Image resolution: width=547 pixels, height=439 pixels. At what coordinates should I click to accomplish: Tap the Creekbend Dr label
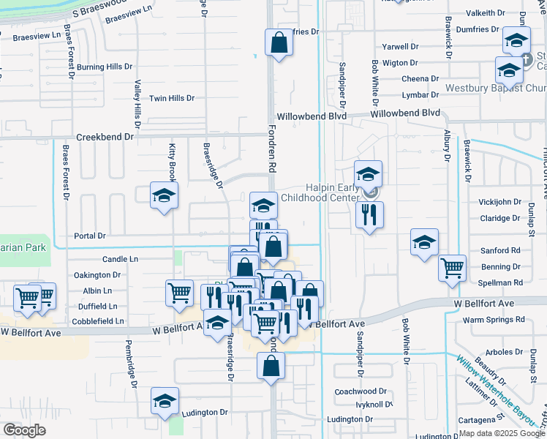click(105, 137)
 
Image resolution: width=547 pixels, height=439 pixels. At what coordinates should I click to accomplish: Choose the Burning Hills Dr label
click(104, 67)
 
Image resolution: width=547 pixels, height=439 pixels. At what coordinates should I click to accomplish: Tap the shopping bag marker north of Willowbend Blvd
click(279, 43)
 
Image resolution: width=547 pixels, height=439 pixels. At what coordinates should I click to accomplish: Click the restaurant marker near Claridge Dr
click(368, 214)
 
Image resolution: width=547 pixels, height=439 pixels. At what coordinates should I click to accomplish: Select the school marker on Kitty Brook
click(164, 195)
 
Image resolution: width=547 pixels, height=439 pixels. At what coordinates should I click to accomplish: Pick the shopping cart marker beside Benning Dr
click(452, 269)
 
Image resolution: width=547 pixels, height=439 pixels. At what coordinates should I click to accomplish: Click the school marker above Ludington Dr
click(165, 400)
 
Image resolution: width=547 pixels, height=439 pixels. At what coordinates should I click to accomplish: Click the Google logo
click(24, 430)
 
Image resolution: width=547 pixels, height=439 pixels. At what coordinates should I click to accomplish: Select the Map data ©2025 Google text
click(502, 433)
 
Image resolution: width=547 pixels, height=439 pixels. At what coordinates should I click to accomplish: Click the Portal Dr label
click(91, 236)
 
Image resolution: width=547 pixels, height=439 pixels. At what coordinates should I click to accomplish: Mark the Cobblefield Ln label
click(99, 320)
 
